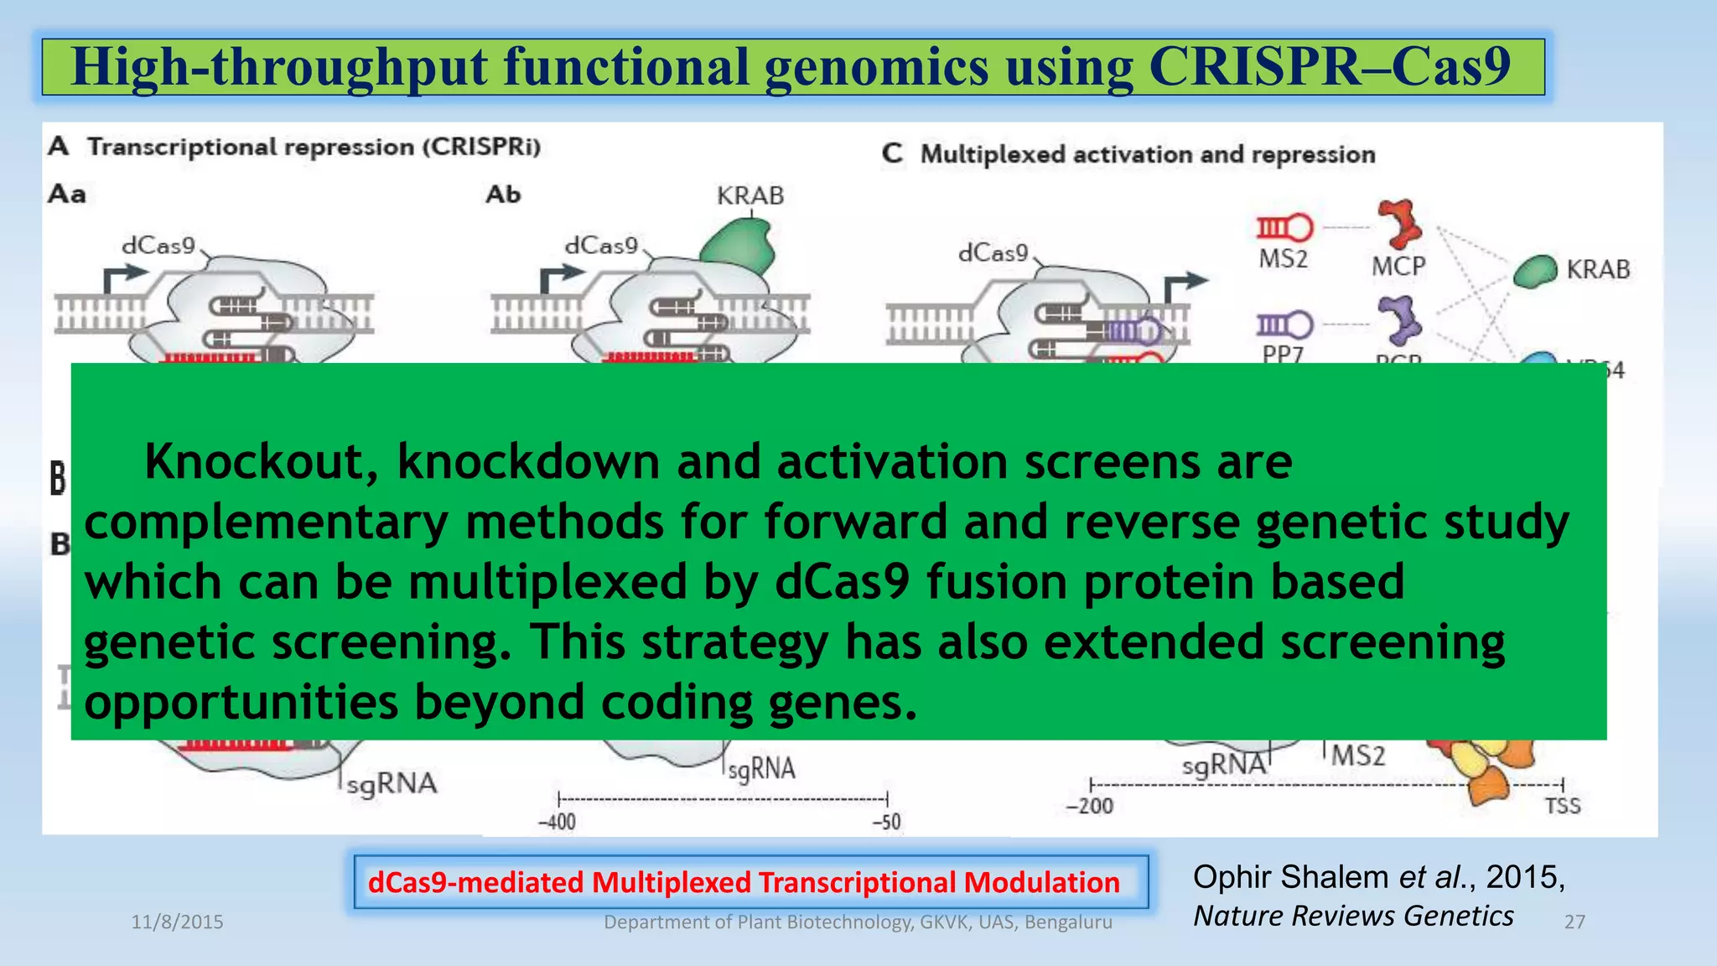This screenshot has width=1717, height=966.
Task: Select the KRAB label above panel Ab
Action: pyautogui.click(x=750, y=196)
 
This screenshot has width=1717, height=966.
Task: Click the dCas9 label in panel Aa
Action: pyautogui.click(x=158, y=246)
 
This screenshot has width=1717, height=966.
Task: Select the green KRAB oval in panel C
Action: pyautogui.click(x=1535, y=271)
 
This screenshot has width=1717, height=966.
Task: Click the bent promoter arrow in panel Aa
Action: pyautogui.click(x=122, y=277)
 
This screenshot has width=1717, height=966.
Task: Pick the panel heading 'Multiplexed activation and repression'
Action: pyautogui.click(x=1147, y=155)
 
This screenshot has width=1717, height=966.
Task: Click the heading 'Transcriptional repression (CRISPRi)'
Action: pyautogui.click(x=314, y=148)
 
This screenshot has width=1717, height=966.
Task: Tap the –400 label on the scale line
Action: pyautogui.click(x=557, y=822)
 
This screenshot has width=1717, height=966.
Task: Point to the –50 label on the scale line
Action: pyautogui.click(x=886, y=822)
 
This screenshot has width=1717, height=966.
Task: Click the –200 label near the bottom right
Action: pyautogui.click(x=1089, y=807)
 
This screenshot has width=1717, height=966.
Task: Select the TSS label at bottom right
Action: pyautogui.click(x=1562, y=806)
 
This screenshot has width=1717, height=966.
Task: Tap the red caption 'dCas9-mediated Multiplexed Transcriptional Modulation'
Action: pyautogui.click(x=744, y=882)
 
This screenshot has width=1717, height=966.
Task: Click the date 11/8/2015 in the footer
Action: pyautogui.click(x=177, y=922)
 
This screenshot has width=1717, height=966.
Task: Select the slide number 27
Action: pyautogui.click(x=1574, y=922)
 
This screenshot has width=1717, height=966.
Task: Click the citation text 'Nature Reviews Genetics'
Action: pyautogui.click(x=1353, y=917)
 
